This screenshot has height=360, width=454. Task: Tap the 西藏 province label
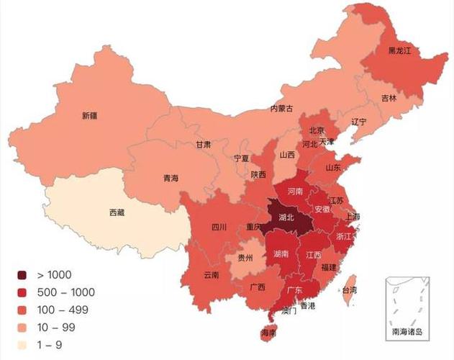pyautogui.click(x=117, y=212)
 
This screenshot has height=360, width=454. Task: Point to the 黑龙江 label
pyautogui.click(x=400, y=51)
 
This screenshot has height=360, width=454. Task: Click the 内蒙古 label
pyautogui.click(x=281, y=109)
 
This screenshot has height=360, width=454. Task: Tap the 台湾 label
pyautogui.click(x=349, y=290)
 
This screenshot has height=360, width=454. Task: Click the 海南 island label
pyautogui.click(x=268, y=333)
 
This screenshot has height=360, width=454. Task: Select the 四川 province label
pyautogui.click(x=219, y=228)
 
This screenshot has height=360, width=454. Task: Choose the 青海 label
pyautogui.click(x=171, y=178)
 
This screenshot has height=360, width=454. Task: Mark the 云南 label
pyautogui.click(x=211, y=274)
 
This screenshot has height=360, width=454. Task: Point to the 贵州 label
pyautogui.click(x=246, y=257)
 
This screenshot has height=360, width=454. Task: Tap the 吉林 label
pyautogui.click(x=389, y=98)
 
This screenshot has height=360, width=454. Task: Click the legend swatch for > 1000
pyautogui.click(x=23, y=275)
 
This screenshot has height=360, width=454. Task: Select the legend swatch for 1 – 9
pyautogui.click(x=23, y=344)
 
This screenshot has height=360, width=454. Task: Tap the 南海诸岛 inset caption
pyautogui.click(x=407, y=332)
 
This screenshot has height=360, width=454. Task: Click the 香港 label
pyautogui.click(x=308, y=305)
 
